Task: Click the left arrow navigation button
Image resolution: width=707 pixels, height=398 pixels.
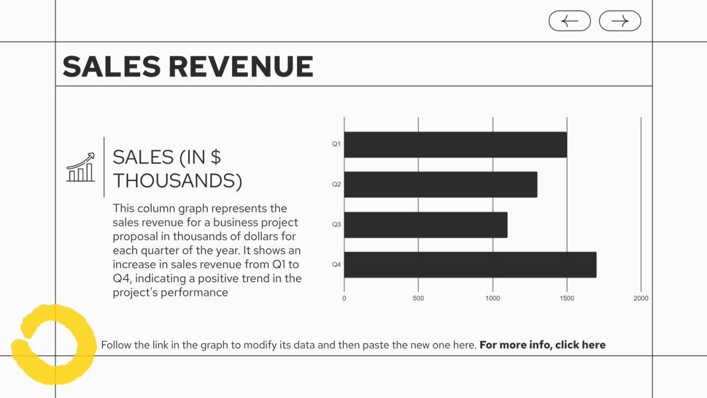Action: click(x=569, y=21)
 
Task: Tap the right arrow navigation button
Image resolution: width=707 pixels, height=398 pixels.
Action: click(x=620, y=21)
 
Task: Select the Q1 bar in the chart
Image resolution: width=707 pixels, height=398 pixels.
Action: click(x=455, y=144)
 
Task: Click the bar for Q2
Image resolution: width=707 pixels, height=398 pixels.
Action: click(x=440, y=184)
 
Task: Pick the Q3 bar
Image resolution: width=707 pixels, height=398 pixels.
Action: click(x=425, y=225)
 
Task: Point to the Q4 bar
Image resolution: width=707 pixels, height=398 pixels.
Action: click(x=470, y=265)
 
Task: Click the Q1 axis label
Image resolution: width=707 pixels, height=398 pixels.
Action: click(x=336, y=144)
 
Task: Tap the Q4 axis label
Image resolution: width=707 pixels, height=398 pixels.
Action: click(x=336, y=265)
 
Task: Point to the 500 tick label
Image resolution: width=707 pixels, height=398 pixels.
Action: click(x=418, y=299)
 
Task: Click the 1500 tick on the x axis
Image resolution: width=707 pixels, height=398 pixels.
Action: click(x=567, y=299)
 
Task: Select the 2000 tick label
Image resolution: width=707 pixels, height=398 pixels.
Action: click(x=641, y=299)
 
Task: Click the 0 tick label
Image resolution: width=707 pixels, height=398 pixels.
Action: click(x=344, y=299)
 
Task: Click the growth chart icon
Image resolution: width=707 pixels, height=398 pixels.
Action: click(x=80, y=168)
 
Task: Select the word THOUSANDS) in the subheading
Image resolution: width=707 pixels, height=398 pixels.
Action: click(x=178, y=181)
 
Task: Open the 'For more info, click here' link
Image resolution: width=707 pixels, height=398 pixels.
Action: click(x=542, y=345)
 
